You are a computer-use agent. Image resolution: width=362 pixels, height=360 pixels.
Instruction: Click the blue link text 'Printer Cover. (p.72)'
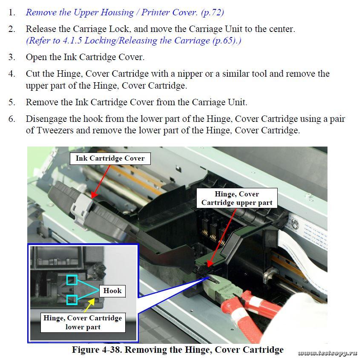tap(182, 12)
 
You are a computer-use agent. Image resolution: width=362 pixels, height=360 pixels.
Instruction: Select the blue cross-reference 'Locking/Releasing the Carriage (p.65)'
tap(163, 40)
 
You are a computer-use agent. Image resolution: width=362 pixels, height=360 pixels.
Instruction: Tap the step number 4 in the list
tap(11, 74)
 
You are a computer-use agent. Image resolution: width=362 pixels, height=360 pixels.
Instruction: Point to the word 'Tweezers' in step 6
tap(55, 130)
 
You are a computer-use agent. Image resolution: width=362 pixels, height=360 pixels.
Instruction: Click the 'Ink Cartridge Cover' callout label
tap(110, 158)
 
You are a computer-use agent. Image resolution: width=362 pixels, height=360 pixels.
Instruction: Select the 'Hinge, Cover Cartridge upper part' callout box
tap(237, 198)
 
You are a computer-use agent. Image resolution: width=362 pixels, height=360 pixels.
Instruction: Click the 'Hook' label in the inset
tap(112, 291)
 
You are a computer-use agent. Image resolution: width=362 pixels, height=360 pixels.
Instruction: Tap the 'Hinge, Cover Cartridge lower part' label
tap(83, 323)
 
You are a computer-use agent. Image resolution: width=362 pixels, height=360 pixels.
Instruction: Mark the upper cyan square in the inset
tap(72, 279)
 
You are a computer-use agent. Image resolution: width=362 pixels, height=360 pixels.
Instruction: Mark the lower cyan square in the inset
tap(72, 300)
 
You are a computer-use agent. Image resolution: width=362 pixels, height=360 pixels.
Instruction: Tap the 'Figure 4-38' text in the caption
tap(97, 350)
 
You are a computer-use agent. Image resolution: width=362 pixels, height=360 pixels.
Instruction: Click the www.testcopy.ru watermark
tap(328, 353)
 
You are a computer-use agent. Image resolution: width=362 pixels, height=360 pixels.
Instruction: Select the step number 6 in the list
tap(11, 119)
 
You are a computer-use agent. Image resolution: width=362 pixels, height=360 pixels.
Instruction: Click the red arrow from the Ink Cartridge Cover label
tap(101, 181)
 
